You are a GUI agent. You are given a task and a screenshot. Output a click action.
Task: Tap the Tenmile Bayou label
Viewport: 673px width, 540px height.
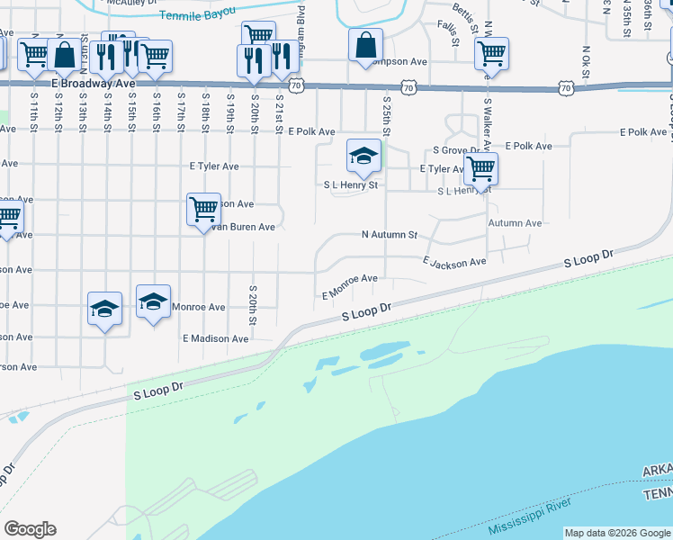click(196, 13)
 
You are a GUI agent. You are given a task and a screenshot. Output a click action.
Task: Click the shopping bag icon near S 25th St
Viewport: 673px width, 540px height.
click(366, 44)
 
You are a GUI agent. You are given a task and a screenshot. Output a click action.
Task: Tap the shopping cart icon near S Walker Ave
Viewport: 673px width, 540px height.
click(481, 166)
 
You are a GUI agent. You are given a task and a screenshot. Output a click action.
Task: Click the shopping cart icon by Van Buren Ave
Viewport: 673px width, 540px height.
click(203, 209)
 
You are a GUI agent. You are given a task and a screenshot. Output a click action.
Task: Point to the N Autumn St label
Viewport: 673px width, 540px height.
click(390, 235)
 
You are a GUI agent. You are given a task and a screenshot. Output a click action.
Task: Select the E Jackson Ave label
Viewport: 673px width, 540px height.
click(454, 261)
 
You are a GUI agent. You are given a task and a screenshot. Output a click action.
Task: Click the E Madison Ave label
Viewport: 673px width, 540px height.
click(215, 338)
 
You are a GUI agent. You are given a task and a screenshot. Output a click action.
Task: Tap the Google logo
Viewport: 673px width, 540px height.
click(30, 529)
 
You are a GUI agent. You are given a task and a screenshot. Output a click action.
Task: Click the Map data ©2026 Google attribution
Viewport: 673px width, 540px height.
click(618, 533)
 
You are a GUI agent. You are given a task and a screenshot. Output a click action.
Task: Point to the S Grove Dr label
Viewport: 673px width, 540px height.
click(460, 150)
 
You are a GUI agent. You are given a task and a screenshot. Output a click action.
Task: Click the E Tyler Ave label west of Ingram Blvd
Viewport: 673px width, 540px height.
click(214, 166)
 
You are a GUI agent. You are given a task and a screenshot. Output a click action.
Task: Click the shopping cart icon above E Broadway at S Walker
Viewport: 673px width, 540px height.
click(491, 54)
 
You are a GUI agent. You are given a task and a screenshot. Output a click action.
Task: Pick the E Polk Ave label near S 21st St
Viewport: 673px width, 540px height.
click(311, 131)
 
